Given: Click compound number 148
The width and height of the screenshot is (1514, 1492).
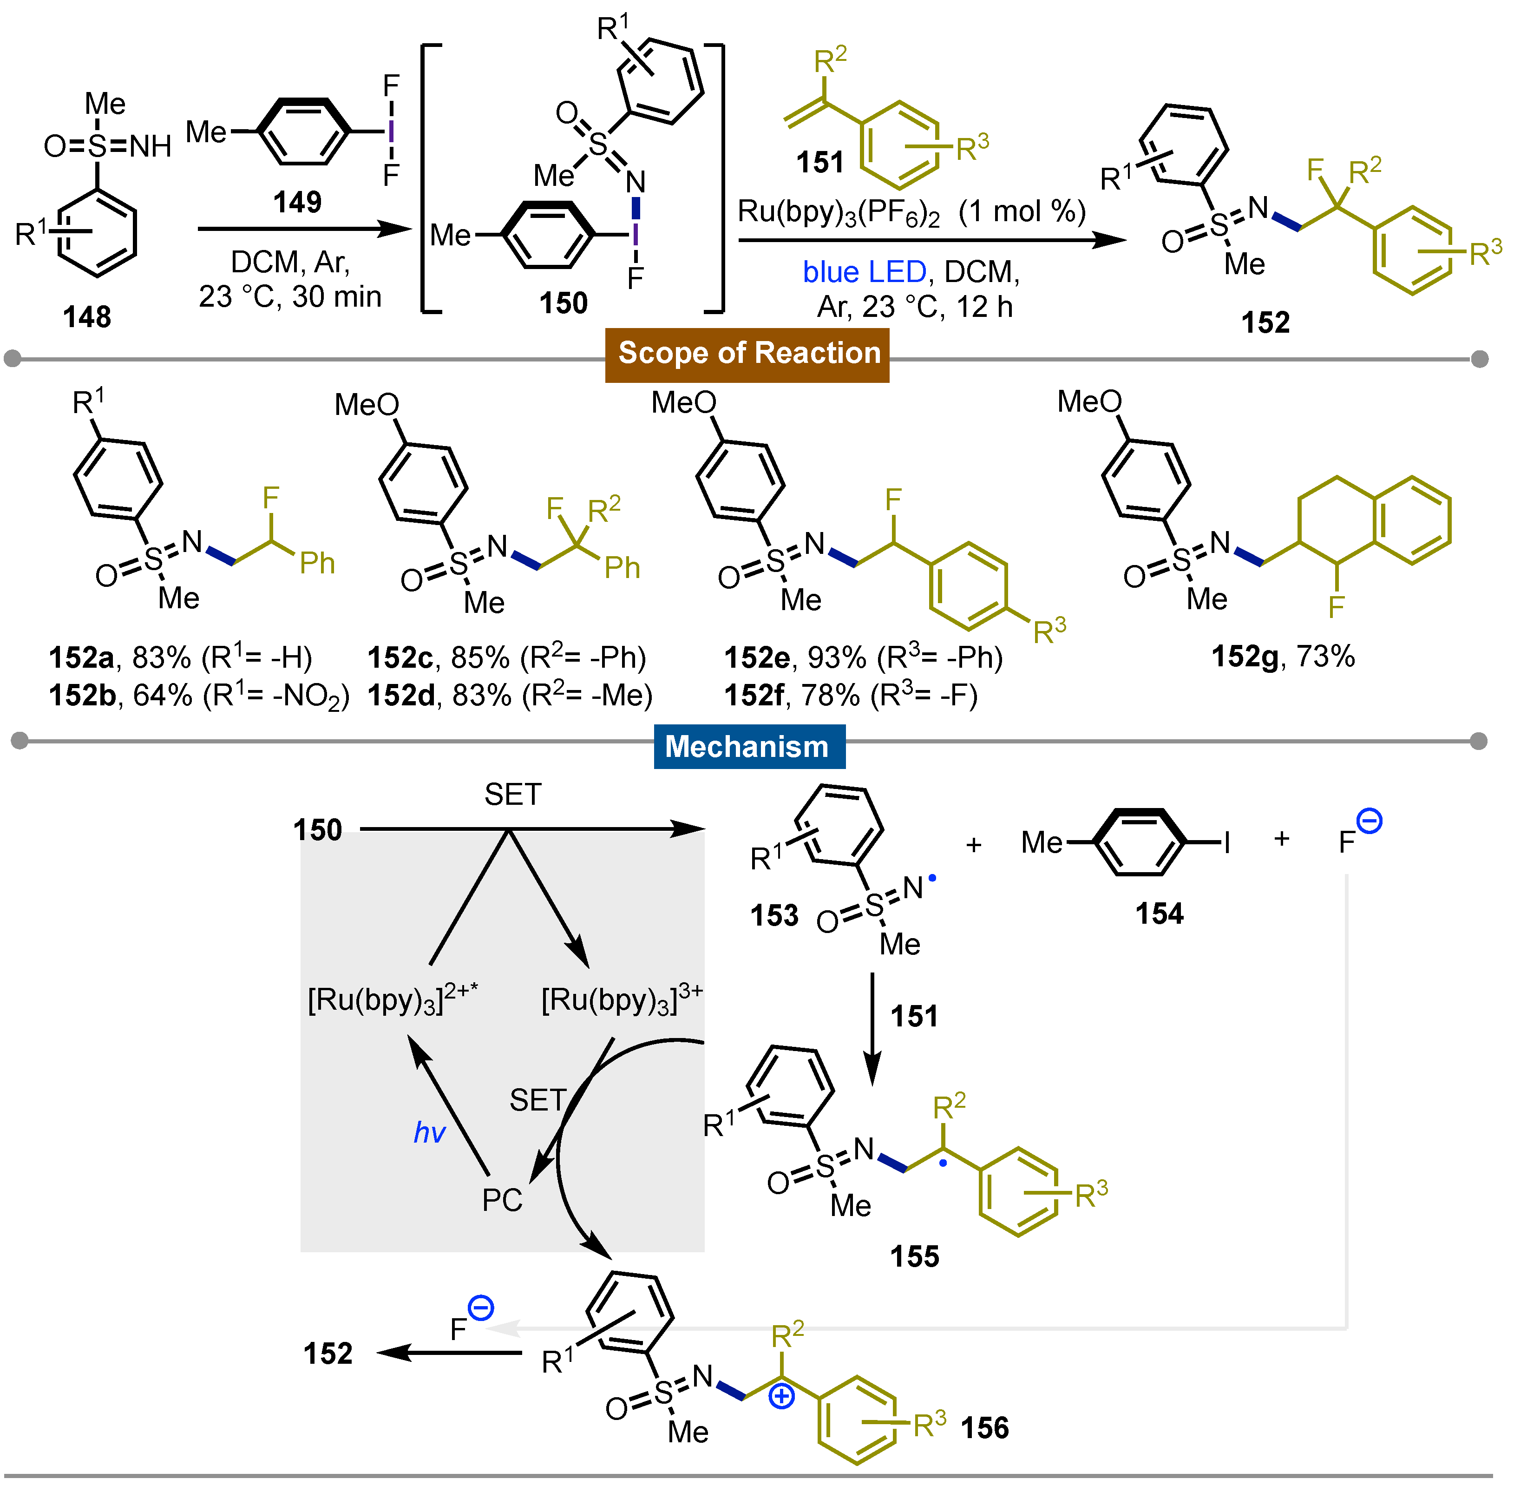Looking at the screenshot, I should pos(87,317).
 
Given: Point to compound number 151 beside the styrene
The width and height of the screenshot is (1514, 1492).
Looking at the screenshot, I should pos(819,162).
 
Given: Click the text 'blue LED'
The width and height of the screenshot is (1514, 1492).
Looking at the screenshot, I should pos(865,272).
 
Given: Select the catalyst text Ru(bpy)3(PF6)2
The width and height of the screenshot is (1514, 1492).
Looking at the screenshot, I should pos(839,212).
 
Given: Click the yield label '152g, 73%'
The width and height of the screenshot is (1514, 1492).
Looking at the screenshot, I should pos(1283,657).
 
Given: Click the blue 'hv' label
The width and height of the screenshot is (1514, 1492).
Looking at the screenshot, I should pos(429,1132).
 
